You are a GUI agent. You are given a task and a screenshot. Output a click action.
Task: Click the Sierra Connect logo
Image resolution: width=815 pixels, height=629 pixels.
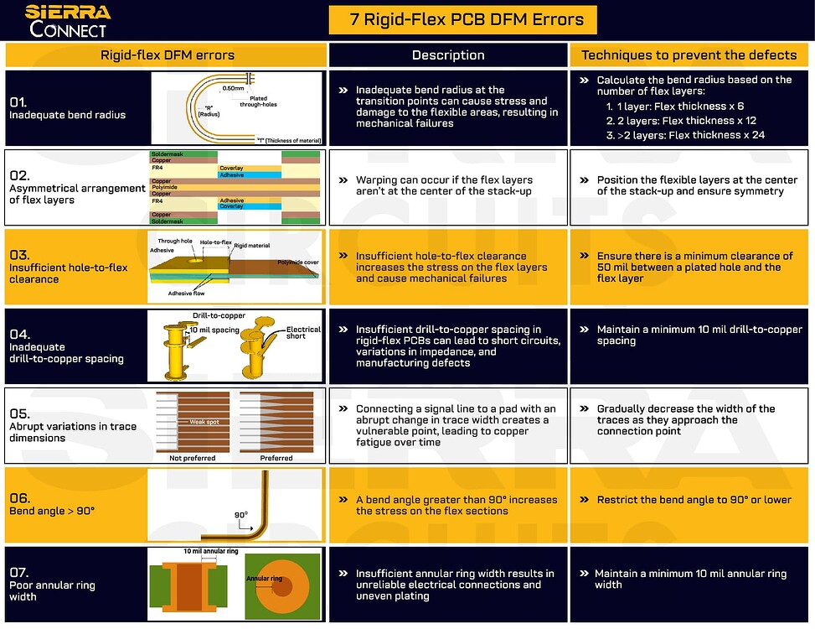tap(67, 21)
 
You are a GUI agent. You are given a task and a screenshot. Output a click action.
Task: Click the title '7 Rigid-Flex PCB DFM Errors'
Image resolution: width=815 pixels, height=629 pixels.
tap(462, 19)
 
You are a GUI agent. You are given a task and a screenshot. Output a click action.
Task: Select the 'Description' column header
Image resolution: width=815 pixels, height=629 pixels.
tap(448, 55)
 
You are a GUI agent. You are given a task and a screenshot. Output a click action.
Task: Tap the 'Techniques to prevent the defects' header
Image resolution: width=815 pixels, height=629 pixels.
tap(689, 55)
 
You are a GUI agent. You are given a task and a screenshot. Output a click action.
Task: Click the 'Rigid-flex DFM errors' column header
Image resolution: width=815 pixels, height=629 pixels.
tap(168, 55)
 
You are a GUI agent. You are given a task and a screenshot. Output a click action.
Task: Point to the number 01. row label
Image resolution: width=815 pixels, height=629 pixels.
tap(18, 101)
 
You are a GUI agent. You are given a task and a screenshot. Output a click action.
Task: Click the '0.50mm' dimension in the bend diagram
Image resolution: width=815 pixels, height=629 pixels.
tap(234, 87)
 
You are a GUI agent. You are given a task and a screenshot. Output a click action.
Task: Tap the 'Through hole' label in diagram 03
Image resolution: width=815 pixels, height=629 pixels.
tap(175, 241)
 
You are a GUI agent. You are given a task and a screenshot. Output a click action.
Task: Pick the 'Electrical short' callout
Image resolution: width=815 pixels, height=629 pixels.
tap(303, 333)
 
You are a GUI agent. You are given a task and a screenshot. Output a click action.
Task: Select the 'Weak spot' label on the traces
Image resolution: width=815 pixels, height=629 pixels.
tap(204, 422)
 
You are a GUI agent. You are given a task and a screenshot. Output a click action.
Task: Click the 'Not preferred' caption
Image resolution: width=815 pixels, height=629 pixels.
tap(193, 458)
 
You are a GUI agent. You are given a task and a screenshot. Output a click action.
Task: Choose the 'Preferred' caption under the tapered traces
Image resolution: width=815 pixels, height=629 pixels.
tap(276, 458)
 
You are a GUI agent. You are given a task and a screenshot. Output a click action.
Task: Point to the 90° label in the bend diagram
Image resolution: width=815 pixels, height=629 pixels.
tap(241, 515)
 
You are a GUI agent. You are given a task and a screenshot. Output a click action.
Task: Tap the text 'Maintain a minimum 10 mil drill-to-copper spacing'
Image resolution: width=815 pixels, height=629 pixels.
tap(699, 335)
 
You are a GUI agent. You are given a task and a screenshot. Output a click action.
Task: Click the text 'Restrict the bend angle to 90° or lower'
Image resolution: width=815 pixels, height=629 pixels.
tap(694, 500)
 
